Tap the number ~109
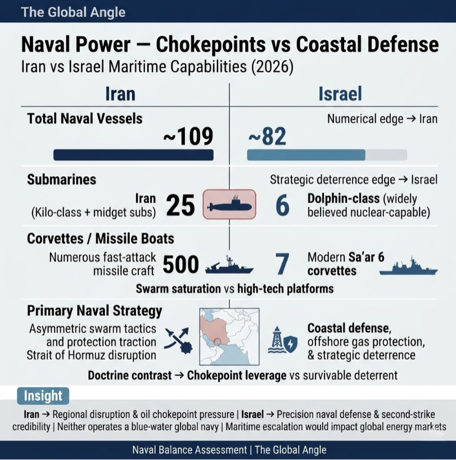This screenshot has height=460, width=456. click(x=188, y=136)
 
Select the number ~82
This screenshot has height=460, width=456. click(x=267, y=136)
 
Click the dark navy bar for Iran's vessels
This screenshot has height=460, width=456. click(x=133, y=155)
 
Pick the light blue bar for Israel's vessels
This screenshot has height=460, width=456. click(x=306, y=155)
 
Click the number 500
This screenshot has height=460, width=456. click(x=180, y=264)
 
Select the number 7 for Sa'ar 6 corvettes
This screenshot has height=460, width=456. click(x=282, y=264)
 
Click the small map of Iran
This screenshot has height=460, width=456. click(x=229, y=336)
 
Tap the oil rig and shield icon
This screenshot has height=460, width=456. click(x=283, y=341)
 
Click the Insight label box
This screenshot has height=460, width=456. click(x=43, y=396)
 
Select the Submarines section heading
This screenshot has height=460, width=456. click(x=61, y=180)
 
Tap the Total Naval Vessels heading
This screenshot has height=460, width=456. click(x=85, y=119)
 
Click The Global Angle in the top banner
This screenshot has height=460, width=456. click(x=73, y=12)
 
